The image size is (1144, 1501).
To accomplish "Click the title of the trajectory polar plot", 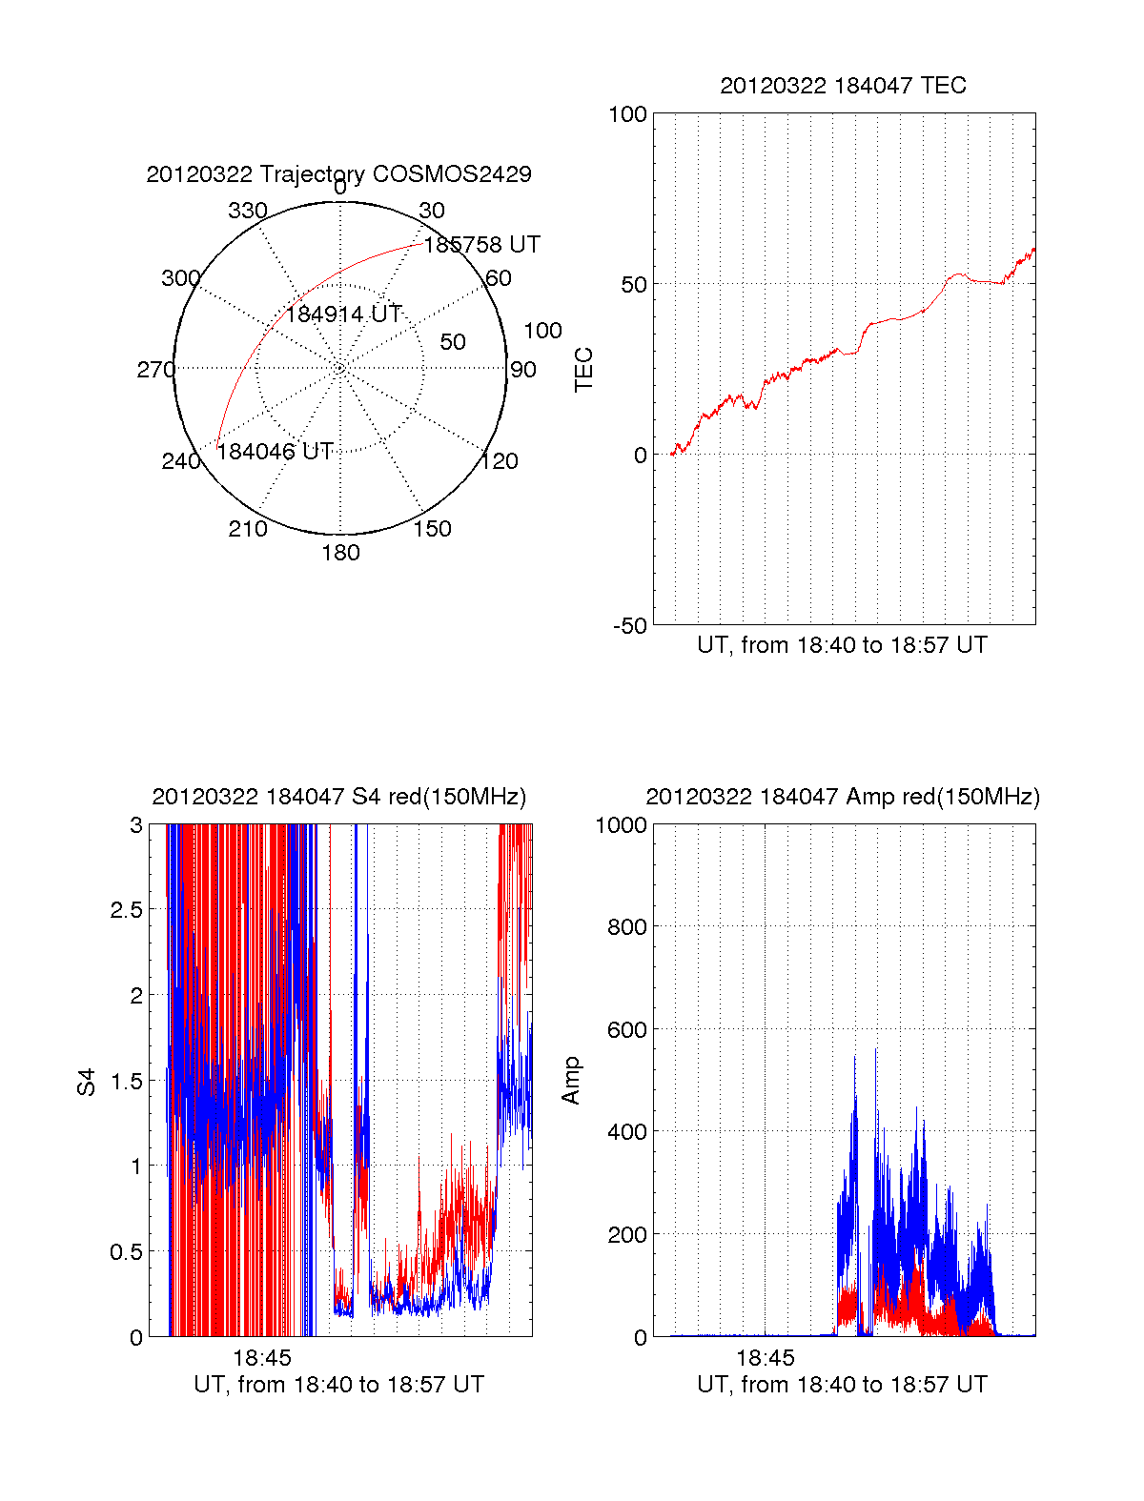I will (x=338, y=174).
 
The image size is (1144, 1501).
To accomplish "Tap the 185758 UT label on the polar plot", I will (x=481, y=245).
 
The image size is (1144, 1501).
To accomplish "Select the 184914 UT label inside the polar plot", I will (x=344, y=314).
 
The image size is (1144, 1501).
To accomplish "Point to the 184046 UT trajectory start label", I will (x=275, y=452).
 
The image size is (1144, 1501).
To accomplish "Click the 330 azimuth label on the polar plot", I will (x=248, y=211).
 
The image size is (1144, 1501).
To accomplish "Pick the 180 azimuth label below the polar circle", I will (x=340, y=553).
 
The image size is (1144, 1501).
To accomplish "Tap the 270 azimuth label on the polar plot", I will (x=155, y=370).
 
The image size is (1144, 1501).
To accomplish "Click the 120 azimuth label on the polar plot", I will (x=500, y=462).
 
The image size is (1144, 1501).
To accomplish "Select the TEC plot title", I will (x=843, y=86).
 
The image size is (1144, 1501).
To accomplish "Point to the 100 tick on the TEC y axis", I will (x=627, y=115).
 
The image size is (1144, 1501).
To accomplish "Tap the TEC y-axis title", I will (x=583, y=370).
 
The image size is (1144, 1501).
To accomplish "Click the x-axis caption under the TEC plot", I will (x=842, y=645).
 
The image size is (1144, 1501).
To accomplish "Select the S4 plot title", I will (x=338, y=797).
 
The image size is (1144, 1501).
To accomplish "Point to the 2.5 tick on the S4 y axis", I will (x=126, y=910).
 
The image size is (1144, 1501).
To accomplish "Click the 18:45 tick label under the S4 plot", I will (x=262, y=1357).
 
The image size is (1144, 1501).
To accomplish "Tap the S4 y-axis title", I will (x=87, y=1082).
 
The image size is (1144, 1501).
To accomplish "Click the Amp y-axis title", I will (x=571, y=1081).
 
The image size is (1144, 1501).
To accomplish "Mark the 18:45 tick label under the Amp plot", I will (x=766, y=1357).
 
